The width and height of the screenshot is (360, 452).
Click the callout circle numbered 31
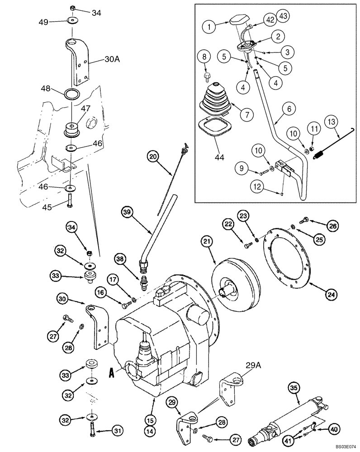117,432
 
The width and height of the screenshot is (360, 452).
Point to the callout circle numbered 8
204,57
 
